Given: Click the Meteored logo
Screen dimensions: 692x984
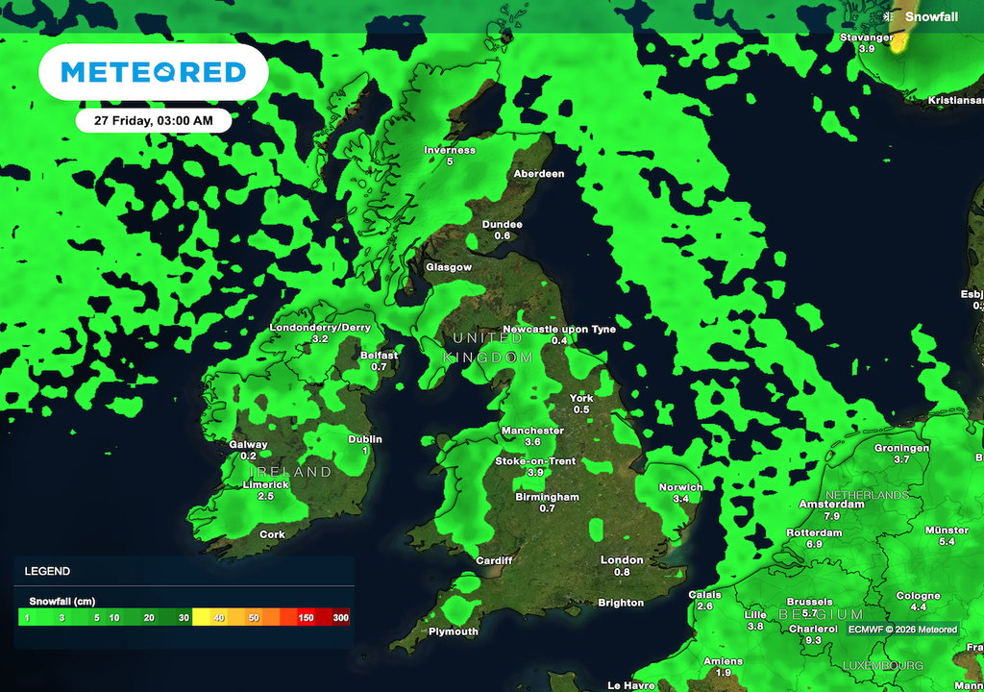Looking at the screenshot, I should click(153, 72).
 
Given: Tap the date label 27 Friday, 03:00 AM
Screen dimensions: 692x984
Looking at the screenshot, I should click(154, 121).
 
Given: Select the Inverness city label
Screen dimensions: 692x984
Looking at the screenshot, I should click(450, 150).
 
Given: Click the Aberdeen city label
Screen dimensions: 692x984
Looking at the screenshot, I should click(539, 174).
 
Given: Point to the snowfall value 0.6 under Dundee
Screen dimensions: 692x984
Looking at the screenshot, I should click(503, 236).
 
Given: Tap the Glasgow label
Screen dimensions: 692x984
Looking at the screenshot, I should click(450, 267).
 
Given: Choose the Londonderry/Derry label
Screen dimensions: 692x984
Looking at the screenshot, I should click(321, 328).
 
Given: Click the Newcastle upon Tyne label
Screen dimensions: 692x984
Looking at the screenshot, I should click(559, 329).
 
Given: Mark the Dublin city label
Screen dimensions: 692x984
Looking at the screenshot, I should click(365, 439).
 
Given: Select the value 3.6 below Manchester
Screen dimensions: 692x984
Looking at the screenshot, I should click(532, 442).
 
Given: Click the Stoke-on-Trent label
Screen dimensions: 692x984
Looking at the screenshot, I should click(535, 461).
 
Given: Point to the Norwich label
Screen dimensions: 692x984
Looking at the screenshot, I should click(680, 487).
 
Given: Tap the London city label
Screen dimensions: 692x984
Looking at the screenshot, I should click(622, 560).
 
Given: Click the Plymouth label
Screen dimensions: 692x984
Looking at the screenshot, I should click(454, 631).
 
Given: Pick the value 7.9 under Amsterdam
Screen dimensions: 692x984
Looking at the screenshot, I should click(832, 516).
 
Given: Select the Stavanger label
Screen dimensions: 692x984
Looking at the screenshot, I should click(867, 37).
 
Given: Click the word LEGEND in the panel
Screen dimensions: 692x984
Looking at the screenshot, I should click(47, 571).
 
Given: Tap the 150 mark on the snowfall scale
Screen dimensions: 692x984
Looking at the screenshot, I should click(306, 618).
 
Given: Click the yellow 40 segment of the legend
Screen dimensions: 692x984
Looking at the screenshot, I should click(219, 618).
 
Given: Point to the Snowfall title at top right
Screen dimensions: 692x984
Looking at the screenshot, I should click(932, 15).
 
